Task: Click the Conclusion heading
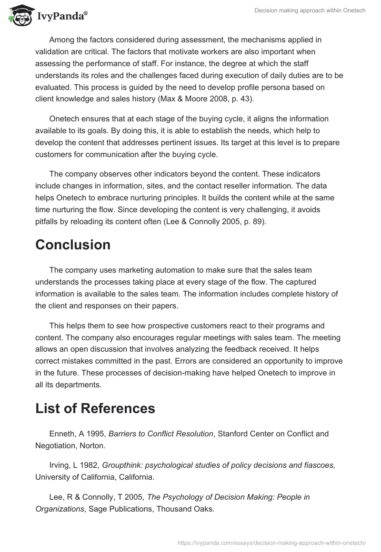[73, 245]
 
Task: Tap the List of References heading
[95, 408]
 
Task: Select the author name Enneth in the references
[62, 434]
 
